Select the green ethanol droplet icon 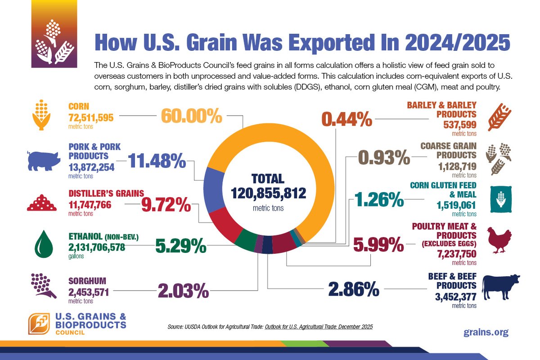[44, 244]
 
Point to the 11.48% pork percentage [154, 161]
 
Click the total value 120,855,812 [269, 193]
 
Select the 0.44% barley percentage [346, 120]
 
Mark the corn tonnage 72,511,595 [91, 118]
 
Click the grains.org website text [486, 332]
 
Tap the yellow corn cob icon [43, 116]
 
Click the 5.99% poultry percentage [379, 245]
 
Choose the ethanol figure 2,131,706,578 [97, 247]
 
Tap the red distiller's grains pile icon [42, 203]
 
